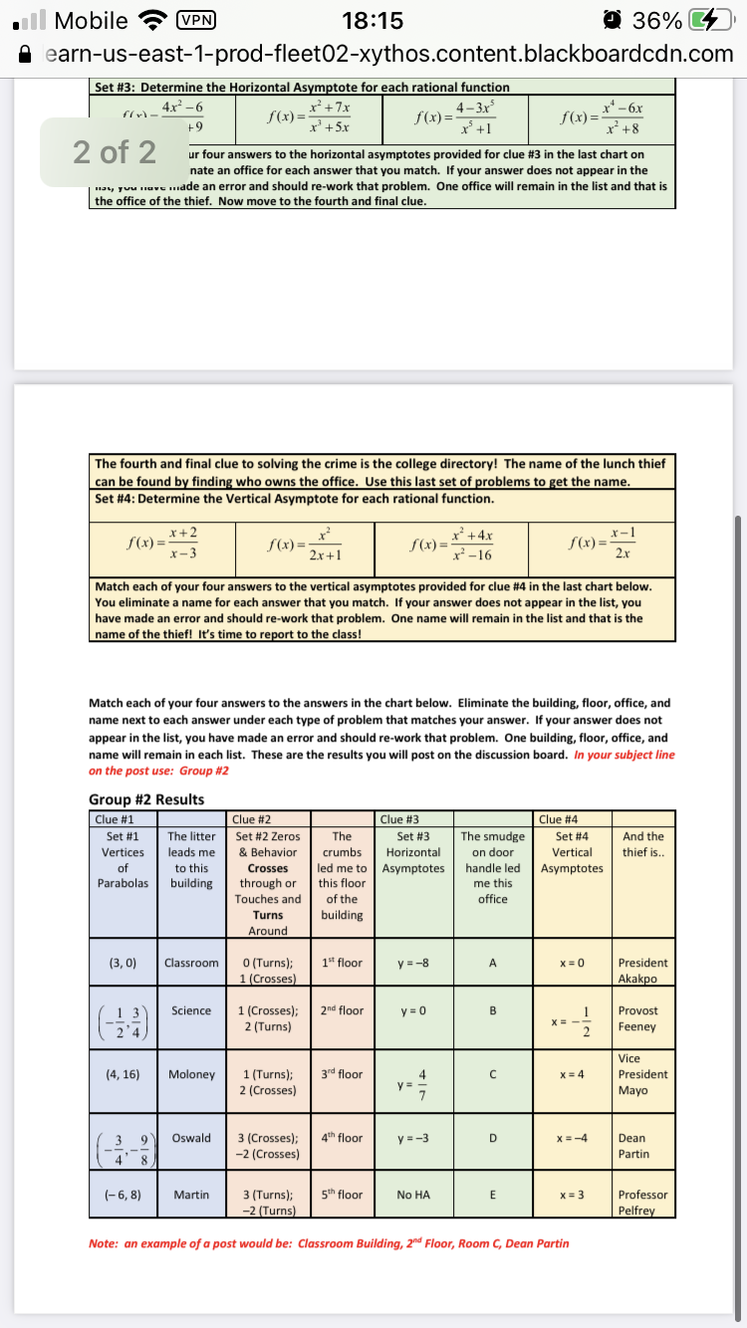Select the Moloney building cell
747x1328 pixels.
point(191,1074)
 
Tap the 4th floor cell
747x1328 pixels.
point(343,1138)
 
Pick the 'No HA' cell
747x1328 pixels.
point(412,1195)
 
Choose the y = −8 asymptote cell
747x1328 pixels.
point(412,963)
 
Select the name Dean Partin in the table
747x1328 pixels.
point(633,1146)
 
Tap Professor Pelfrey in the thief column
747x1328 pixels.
point(642,1203)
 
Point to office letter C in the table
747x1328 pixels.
point(492,1074)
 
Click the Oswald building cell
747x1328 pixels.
point(190,1138)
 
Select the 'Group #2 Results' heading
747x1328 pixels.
point(146,799)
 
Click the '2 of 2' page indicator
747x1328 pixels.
point(115,152)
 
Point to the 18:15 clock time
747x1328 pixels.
point(372,21)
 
